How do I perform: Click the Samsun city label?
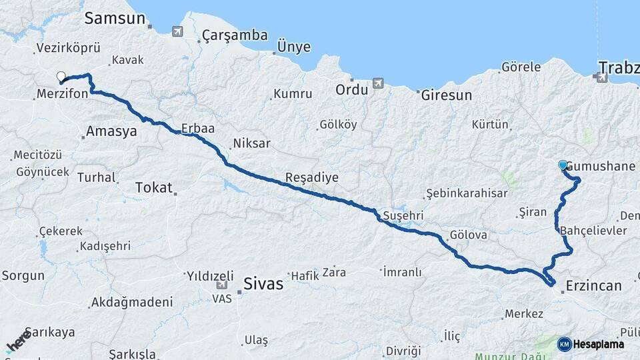(x=115, y=19)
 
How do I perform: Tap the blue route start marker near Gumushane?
(x=563, y=165)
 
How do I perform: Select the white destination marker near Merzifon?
(x=61, y=77)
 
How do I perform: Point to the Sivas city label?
(x=263, y=283)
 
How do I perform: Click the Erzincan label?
(x=593, y=285)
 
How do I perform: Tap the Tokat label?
(x=153, y=187)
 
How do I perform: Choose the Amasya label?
(x=111, y=131)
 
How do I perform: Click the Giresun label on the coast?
(x=446, y=95)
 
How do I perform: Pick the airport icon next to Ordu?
(x=379, y=83)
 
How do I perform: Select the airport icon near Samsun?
(x=177, y=31)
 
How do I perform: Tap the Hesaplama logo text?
(x=598, y=344)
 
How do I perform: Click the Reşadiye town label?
(x=311, y=178)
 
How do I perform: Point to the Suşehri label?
(x=404, y=215)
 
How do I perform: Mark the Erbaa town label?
(x=197, y=128)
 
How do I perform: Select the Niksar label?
(x=251, y=143)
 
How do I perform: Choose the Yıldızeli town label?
(x=210, y=275)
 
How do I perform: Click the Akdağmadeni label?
(x=131, y=302)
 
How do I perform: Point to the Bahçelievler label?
(x=593, y=230)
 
